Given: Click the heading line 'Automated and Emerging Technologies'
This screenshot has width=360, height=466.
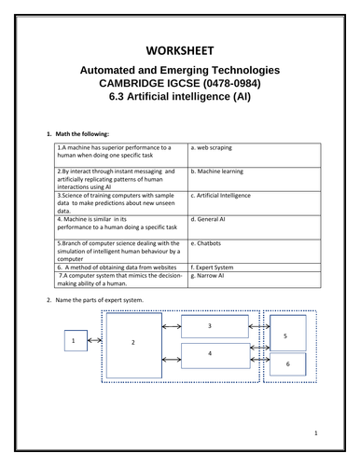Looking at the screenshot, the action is (x=180, y=72).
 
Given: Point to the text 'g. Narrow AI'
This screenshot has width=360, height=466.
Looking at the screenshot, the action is (x=214, y=275).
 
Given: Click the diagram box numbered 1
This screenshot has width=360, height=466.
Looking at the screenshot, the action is (x=74, y=342).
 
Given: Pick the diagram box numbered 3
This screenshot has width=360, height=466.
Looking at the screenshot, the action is (x=210, y=326).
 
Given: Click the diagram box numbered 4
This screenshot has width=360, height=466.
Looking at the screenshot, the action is (x=210, y=355).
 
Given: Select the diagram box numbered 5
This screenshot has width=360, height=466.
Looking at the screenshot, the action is (x=285, y=334).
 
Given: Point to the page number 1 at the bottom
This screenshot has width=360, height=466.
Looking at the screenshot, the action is (x=316, y=432).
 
